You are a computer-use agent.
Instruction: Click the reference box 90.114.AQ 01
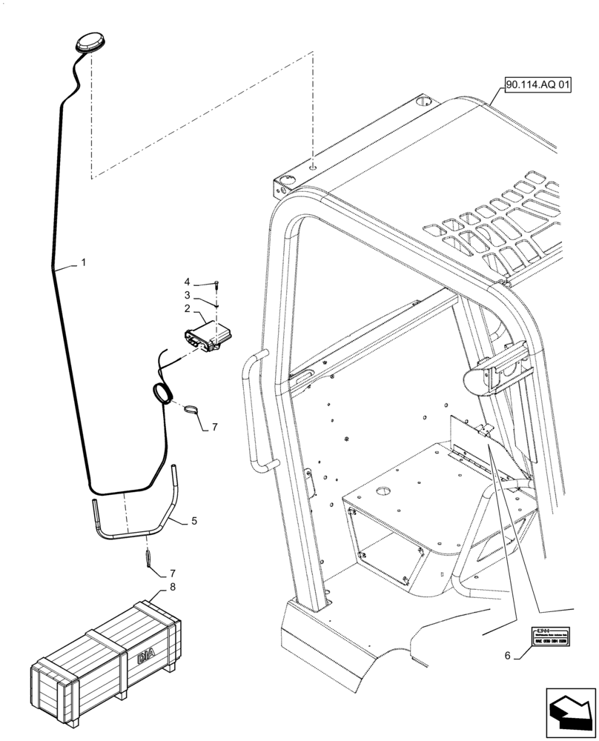click(x=538, y=86)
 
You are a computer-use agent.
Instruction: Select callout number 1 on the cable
click(x=84, y=262)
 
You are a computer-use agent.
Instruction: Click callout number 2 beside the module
click(x=188, y=308)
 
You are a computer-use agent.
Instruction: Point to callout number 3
click(x=188, y=295)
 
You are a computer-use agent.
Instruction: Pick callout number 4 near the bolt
click(x=188, y=282)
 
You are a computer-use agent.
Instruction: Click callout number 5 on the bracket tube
click(x=193, y=521)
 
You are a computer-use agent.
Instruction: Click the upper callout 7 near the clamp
click(x=214, y=427)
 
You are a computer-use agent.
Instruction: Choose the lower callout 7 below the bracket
click(x=173, y=573)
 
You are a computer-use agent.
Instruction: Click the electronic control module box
click(x=208, y=334)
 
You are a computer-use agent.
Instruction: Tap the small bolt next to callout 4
click(x=216, y=283)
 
